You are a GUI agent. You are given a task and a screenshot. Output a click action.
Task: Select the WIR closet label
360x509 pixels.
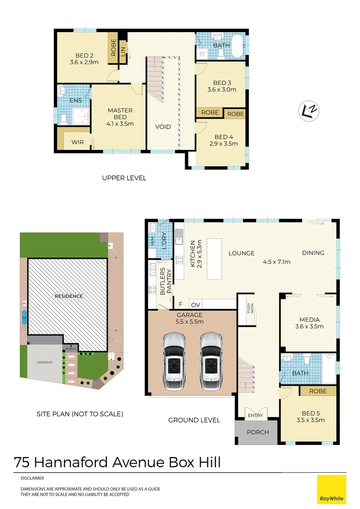(x=78, y=142)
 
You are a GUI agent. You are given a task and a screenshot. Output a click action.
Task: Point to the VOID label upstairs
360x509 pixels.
(x=163, y=127)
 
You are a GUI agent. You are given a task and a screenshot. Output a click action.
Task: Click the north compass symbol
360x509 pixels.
(x=309, y=110)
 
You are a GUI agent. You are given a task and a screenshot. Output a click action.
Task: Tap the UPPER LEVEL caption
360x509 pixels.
(x=124, y=178)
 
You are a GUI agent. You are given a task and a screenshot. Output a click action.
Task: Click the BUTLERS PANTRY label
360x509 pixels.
(x=165, y=281)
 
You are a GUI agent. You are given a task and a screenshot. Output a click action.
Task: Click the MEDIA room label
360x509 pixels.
(x=309, y=323)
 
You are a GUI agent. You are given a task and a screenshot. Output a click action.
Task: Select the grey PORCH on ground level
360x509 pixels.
(x=257, y=432)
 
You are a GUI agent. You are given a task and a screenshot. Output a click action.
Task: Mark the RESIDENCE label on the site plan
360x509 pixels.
(x=68, y=296)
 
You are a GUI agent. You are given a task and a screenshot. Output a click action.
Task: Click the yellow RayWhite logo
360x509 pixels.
(x=331, y=489)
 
